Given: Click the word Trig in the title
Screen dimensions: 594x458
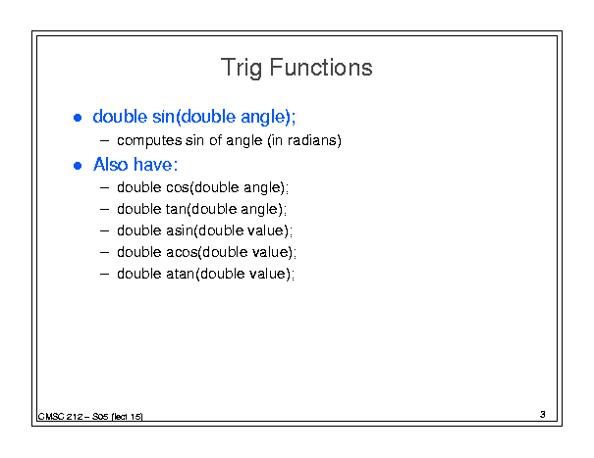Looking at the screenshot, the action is (242, 68).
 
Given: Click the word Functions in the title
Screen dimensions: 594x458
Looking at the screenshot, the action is (321, 68).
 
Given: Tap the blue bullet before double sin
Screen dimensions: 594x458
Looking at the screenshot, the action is (78, 118).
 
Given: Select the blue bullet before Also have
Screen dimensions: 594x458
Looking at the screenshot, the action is (78, 166).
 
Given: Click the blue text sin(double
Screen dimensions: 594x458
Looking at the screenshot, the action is (194, 117).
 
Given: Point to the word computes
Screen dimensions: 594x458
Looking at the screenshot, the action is (149, 141).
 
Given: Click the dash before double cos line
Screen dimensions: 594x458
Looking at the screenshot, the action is (104, 188).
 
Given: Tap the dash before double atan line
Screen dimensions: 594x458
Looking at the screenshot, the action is (104, 275).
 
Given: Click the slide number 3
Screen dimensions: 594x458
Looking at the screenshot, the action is (543, 415).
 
